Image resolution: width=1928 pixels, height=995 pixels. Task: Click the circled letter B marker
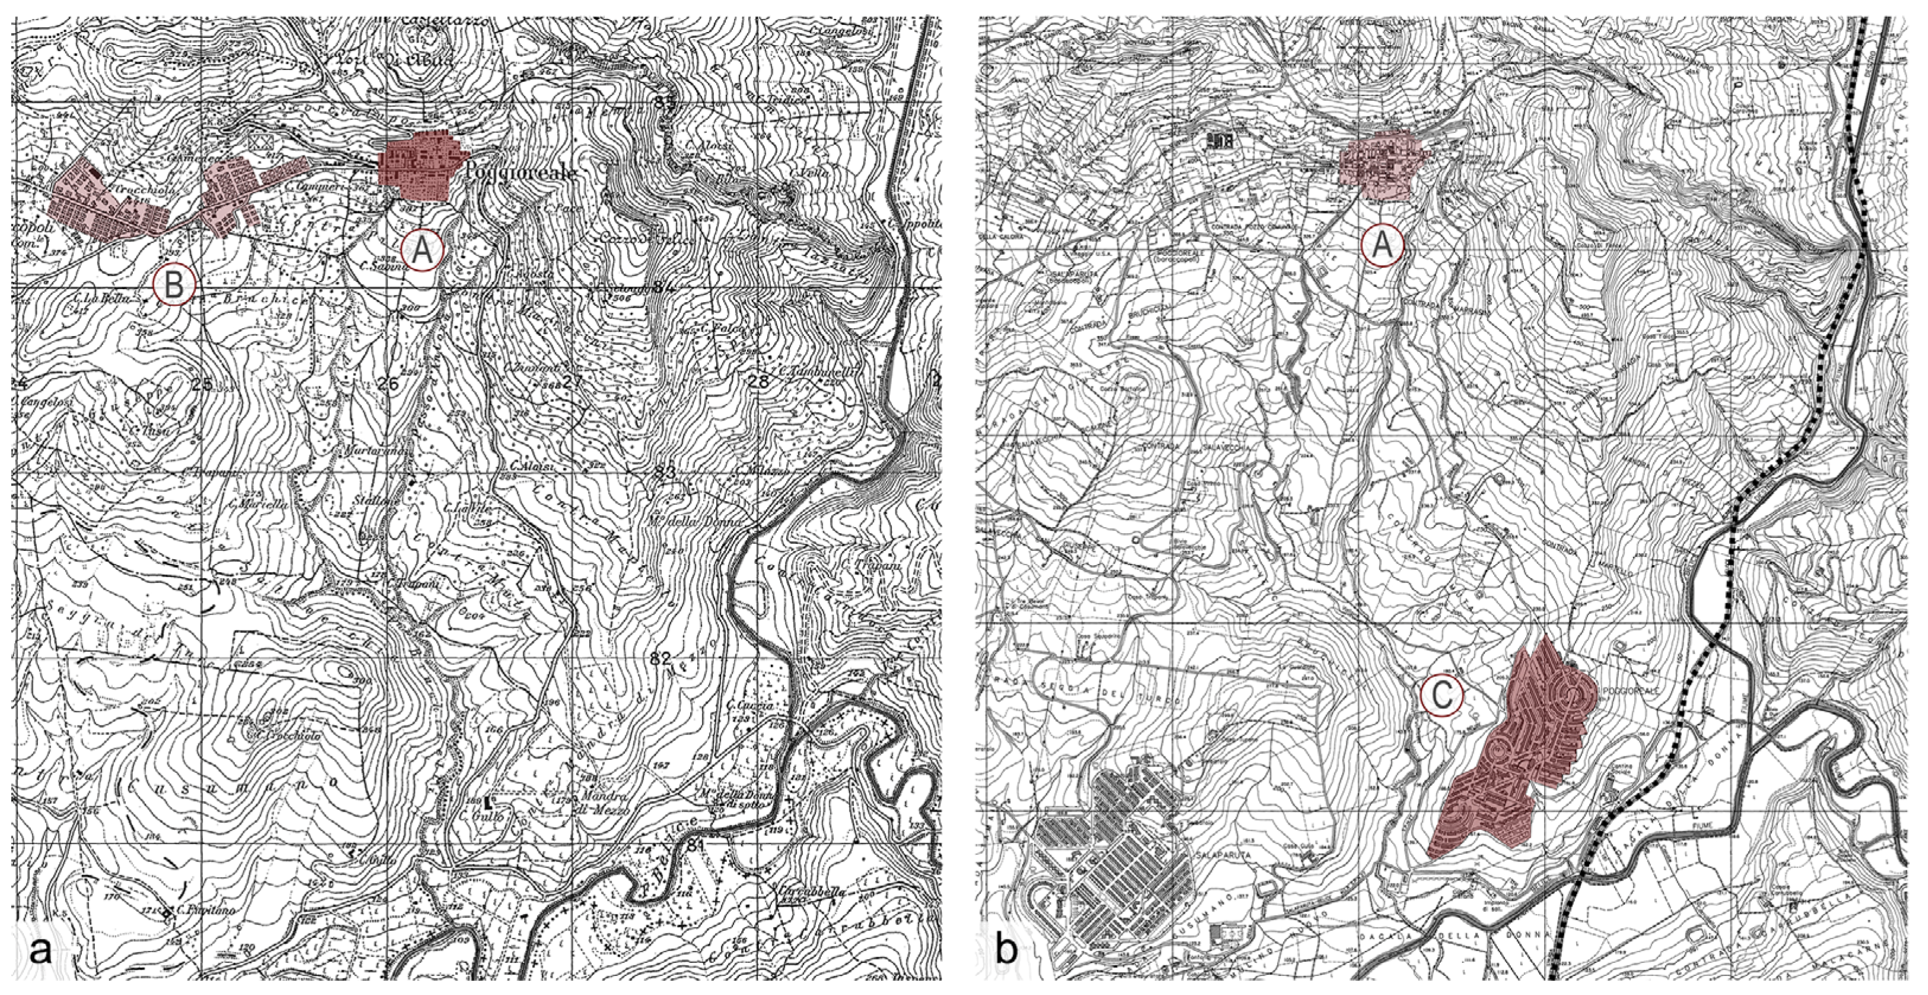point(174,285)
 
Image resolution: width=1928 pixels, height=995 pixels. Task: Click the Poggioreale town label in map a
point(521,173)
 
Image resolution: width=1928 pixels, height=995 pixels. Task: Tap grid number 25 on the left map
point(201,385)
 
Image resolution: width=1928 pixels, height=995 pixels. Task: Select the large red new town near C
point(1512,756)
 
